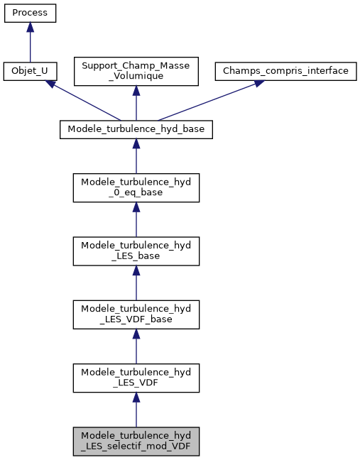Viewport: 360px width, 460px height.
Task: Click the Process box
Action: click(30, 13)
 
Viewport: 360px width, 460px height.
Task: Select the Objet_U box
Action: click(30, 71)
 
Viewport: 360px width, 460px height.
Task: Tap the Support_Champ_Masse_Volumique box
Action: click(136, 71)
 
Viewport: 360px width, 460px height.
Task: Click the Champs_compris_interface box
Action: click(286, 71)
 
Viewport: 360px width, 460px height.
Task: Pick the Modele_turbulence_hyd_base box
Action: click(136, 129)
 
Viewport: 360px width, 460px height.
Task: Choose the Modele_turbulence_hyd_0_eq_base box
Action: click(136, 187)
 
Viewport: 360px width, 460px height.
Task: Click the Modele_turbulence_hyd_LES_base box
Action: click(136, 251)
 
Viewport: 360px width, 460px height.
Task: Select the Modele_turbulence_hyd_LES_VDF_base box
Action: click(136, 314)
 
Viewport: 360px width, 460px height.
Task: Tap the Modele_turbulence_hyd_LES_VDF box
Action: click(136, 378)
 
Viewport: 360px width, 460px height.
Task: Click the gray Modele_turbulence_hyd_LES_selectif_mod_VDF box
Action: click(136, 442)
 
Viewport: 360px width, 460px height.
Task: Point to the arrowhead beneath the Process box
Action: click(30, 26)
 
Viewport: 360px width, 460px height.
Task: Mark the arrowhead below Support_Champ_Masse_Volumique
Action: click(136, 90)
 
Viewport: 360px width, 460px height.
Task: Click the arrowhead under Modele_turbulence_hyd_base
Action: click(136, 143)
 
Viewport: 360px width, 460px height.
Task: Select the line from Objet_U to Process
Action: click(30, 46)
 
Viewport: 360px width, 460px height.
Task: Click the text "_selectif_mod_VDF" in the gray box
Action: click(136, 447)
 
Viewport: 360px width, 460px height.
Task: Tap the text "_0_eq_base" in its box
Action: click(136, 192)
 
